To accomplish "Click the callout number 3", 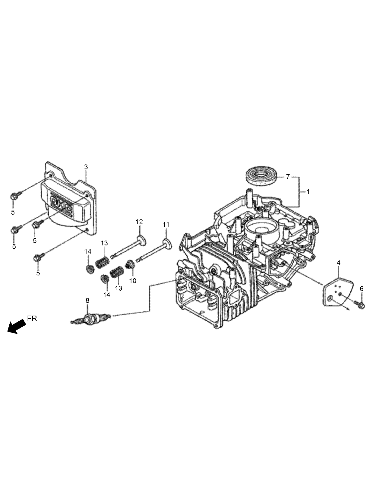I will pyautogui.click(x=86, y=167).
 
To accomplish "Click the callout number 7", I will pyautogui.click(x=288, y=177).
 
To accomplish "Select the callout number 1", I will pyautogui.click(x=308, y=192).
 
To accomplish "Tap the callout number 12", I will pyautogui.click(x=139, y=222).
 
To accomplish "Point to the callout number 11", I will pyautogui.click(x=166, y=224).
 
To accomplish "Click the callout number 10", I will pyautogui.click(x=133, y=281).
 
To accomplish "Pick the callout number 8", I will pyautogui.click(x=87, y=300).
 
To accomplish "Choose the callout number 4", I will pyautogui.click(x=338, y=263).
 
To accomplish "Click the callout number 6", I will pyautogui.click(x=362, y=289).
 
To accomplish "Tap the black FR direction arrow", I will pyautogui.click(x=17, y=327).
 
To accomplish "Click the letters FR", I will pyautogui.click(x=32, y=318).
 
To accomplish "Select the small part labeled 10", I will pyautogui.click(x=131, y=264).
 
